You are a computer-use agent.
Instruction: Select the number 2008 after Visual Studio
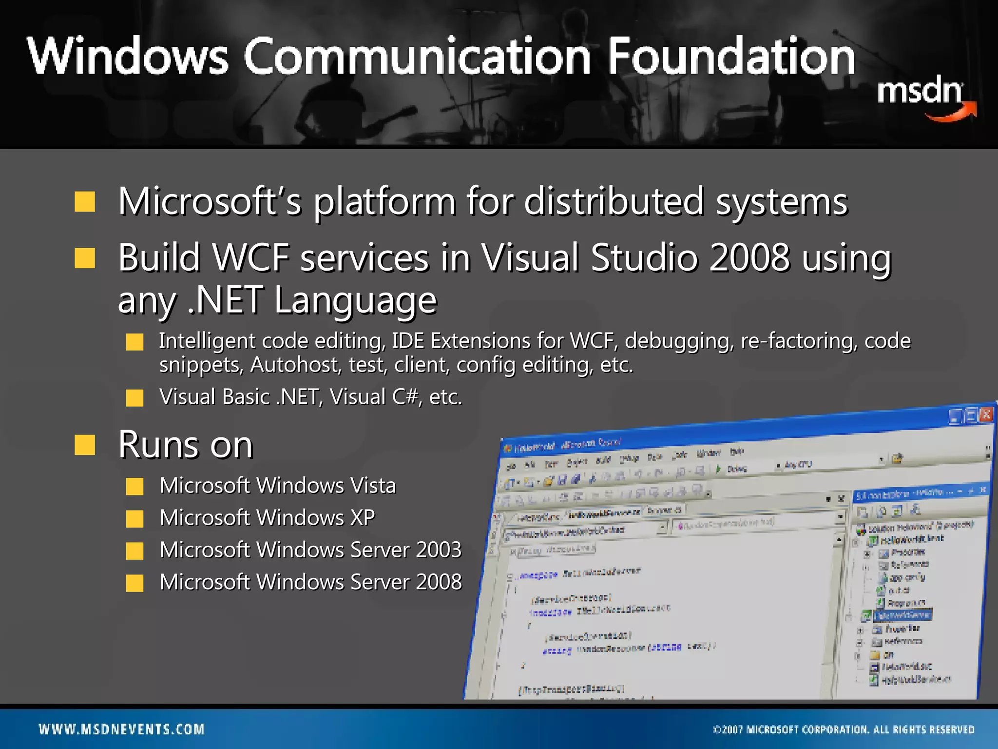coord(749,257)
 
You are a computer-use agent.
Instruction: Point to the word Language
coord(355,300)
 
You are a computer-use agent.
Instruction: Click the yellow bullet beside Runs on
coord(85,445)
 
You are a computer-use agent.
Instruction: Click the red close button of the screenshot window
coord(986,414)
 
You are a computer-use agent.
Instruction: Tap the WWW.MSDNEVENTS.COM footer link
coord(122,729)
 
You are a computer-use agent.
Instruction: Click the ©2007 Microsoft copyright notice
coord(844,730)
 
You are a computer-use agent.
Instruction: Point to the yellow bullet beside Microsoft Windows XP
coord(134,518)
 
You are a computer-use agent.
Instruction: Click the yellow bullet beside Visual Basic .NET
coord(134,398)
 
